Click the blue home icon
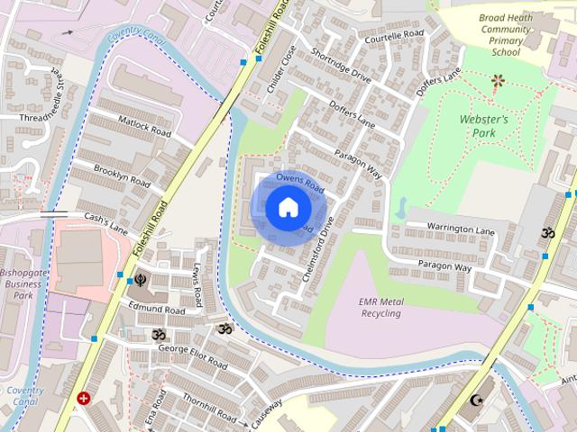click(287, 208)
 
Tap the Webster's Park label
click(484, 126)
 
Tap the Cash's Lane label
click(106, 223)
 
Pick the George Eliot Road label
click(193, 355)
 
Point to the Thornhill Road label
click(209, 408)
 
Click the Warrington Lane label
click(462, 231)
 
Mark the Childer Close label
click(281, 69)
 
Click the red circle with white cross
click(84, 398)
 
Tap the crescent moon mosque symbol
click(477, 400)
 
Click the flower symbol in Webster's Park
click(497, 80)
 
